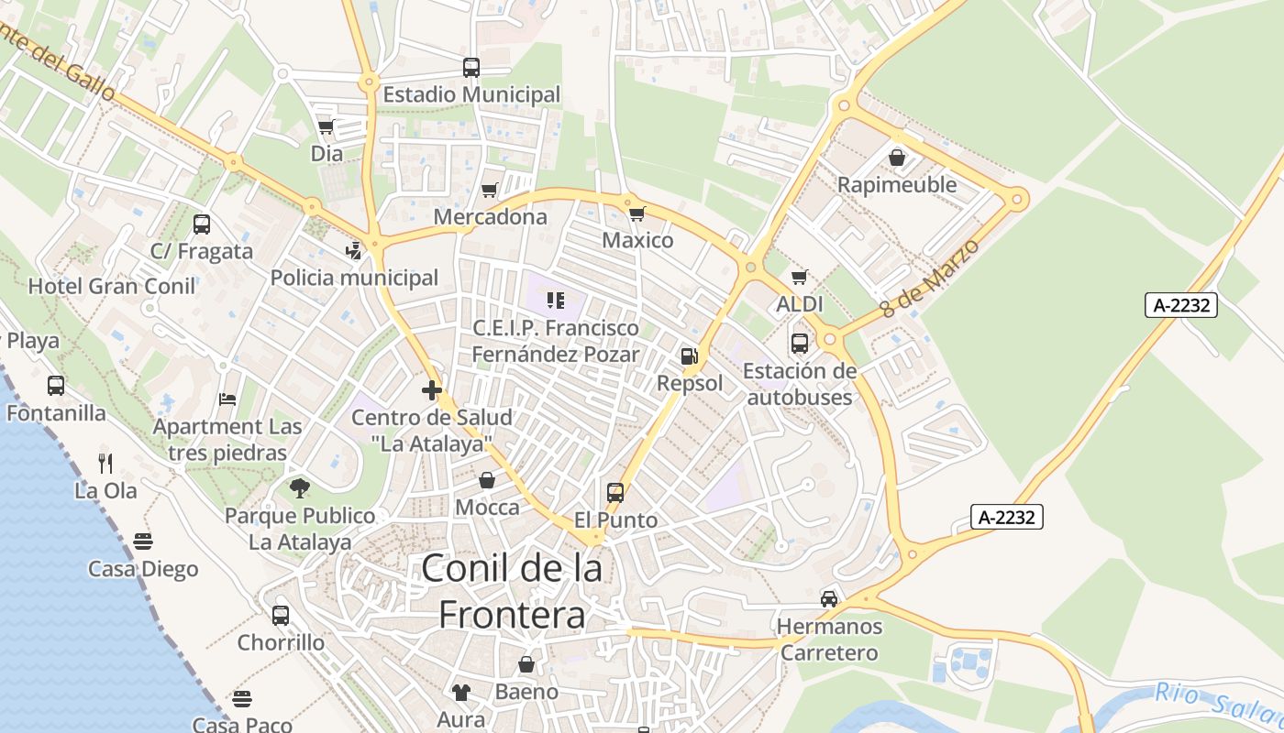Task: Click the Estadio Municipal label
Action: pyautogui.click(x=471, y=94)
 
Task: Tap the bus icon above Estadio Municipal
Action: pyautogui.click(x=471, y=68)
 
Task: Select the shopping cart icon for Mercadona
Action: pyautogui.click(x=490, y=190)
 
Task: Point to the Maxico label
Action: pyautogui.click(x=637, y=240)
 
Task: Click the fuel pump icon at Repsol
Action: pyautogui.click(x=690, y=356)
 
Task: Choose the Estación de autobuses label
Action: pyautogui.click(x=800, y=384)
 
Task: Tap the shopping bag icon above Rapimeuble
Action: pyautogui.click(x=897, y=158)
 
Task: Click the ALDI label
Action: pyautogui.click(x=800, y=304)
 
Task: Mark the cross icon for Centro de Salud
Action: pyautogui.click(x=432, y=390)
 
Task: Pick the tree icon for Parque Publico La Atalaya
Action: pyautogui.click(x=300, y=488)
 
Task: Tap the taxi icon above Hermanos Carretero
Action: pyautogui.click(x=829, y=599)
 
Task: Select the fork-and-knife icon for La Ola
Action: pyautogui.click(x=105, y=463)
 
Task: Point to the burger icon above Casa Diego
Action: pyautogui.click(x=143, y=542)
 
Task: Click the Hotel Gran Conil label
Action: pyautogui.click(x=112, y=286)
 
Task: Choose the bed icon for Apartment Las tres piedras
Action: pyautogui.click(x=227, y=399)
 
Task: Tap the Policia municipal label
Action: pyautogui.click(x=354, y=277)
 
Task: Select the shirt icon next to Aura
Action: pyautogui.click(x=460, y=693)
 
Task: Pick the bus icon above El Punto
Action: pyautogui.click(x=615, y=493)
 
